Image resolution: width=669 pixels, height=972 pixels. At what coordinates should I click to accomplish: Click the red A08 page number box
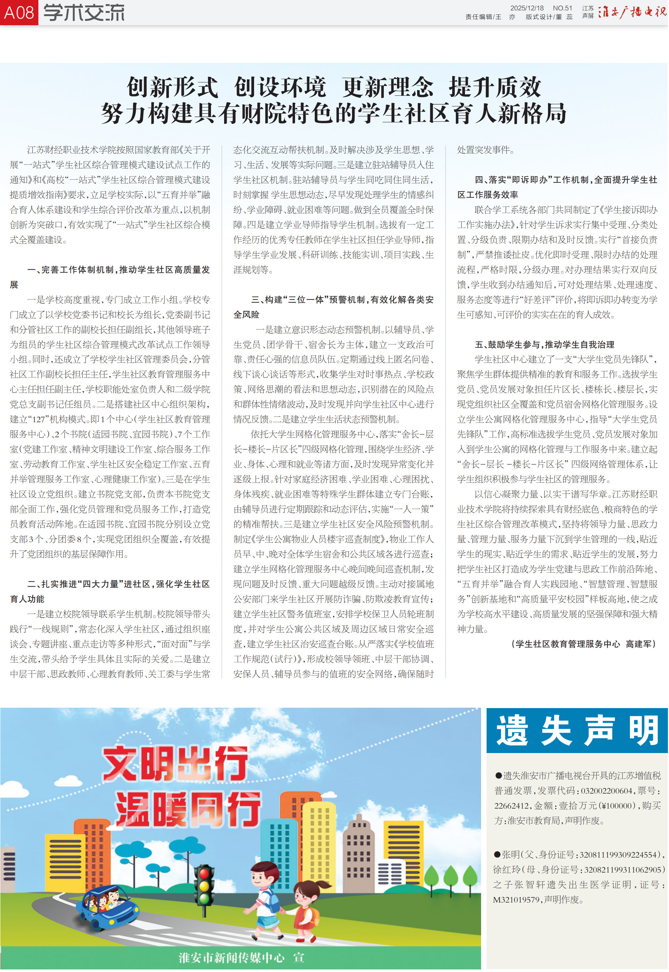coord(19,12)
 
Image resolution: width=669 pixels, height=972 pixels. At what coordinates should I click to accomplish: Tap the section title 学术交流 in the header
coord(84,12)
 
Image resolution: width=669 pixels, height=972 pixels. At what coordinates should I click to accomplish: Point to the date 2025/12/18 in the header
coord(526,8)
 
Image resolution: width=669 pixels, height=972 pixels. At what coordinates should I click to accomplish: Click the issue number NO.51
coord(562,8)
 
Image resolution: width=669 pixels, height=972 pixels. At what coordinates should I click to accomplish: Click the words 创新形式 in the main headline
coord(172,87)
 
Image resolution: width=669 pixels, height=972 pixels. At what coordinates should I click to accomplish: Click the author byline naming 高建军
coord(583,644)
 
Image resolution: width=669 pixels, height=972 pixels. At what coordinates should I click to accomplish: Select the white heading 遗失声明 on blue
coord(577,731)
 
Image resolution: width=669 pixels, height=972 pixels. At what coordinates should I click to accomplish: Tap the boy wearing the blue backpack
coord(264,897)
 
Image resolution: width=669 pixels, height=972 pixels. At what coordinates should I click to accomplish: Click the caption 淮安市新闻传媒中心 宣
coord(241,957)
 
